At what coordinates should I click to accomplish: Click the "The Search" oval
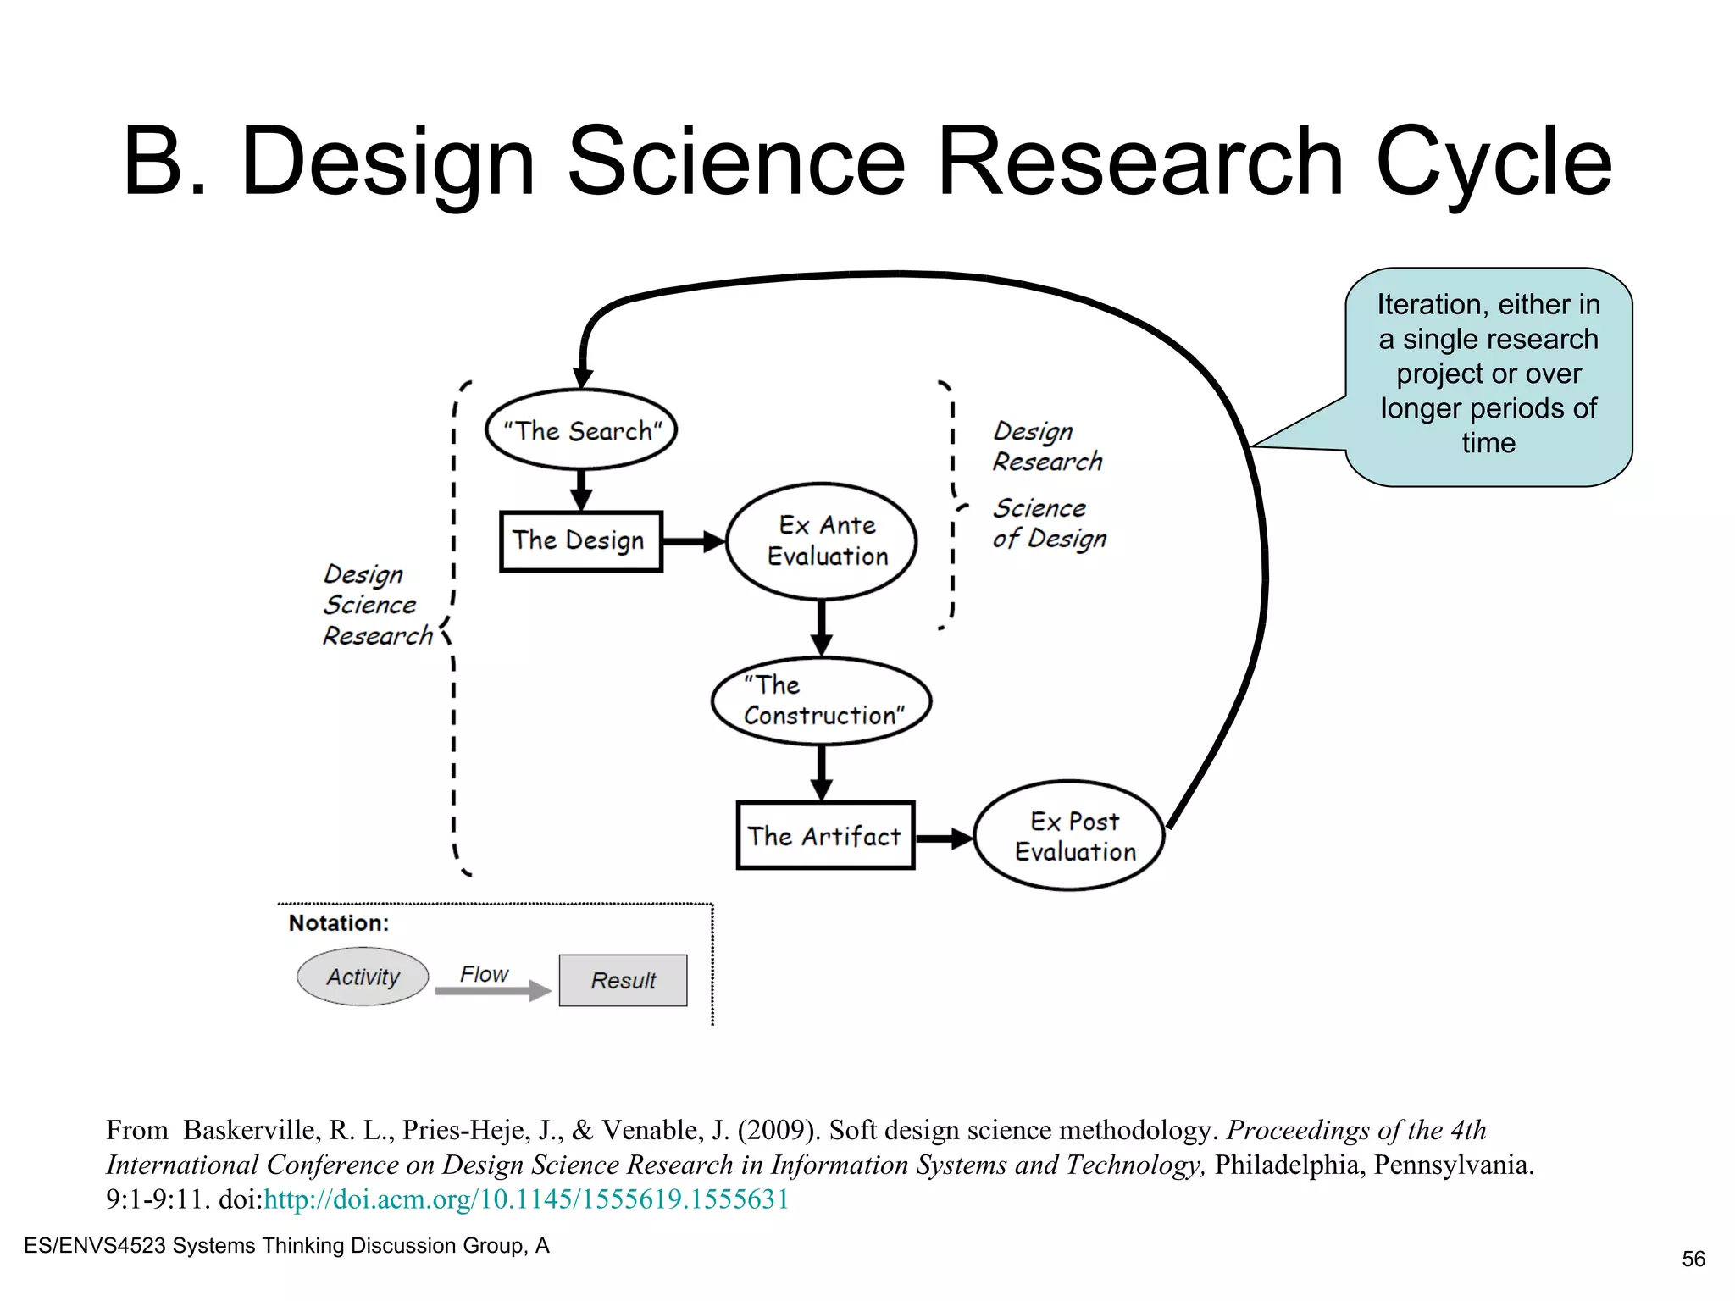(x=581, y=429)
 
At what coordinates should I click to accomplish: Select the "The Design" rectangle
(x=580, y=541)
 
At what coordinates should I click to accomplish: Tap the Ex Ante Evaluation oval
(x=823, y=541)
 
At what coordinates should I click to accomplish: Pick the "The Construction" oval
(x=822, y=701)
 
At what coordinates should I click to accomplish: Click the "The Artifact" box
(x=825, y=836)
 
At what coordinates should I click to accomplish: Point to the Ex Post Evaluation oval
(x=1070, y=836)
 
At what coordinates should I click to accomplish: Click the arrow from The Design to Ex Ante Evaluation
(x=694, y=541)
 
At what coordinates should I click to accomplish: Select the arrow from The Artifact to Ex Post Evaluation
(x=944, y=839)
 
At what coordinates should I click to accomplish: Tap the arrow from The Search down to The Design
(x=581, y=490)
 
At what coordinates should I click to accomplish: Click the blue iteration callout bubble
(x=1488, y=376)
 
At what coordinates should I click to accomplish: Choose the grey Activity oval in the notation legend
(x=363, y=977)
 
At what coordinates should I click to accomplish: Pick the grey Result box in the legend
(x=623, y=981)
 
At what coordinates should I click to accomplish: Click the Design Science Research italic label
(x=377, y=605)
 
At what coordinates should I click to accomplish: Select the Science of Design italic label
(x=1049, y=523)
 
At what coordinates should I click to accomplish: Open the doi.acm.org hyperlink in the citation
(x=526, y=1199)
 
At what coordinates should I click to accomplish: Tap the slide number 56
(x=1693, y=1259)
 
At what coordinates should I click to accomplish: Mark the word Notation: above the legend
(x=339, y=923)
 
